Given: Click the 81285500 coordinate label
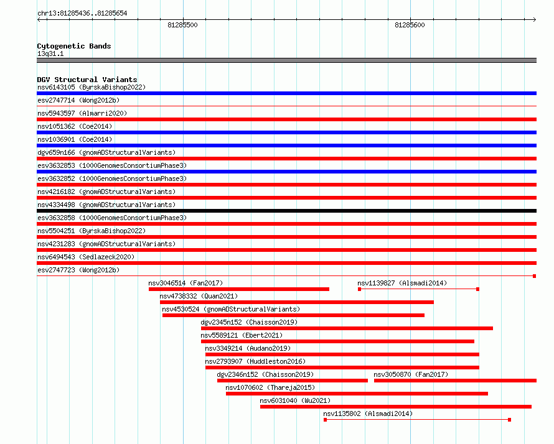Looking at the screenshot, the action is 182,25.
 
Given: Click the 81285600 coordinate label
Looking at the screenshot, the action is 410,25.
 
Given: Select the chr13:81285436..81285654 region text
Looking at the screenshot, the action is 82,13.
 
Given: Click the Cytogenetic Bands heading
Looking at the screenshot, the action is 74,46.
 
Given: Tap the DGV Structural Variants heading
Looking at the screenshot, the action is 87,80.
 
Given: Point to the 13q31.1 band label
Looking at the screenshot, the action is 50,53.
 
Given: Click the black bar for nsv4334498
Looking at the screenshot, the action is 286,211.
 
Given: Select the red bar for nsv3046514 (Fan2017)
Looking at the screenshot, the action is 239,289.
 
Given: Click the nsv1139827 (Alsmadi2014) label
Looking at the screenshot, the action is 402,283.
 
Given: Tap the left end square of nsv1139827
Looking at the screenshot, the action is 359,289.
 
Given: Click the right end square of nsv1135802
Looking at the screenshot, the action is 509,420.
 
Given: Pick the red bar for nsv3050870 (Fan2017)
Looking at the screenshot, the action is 455,381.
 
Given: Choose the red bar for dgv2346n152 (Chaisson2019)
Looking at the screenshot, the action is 293,381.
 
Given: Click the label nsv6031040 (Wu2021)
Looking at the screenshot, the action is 295,400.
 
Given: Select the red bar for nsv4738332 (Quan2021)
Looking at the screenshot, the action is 297,302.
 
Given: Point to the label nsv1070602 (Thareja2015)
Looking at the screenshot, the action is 270,387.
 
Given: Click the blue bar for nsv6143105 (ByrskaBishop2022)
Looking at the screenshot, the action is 286,93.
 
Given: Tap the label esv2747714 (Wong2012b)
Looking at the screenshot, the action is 78,100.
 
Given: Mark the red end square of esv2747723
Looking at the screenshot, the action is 535,276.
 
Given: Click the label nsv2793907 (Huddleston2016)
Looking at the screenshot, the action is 255,361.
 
